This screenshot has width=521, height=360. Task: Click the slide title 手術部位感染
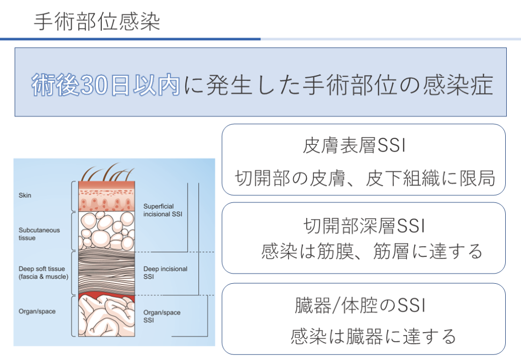click(97, 22)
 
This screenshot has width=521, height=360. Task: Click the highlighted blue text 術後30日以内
click(106, 84)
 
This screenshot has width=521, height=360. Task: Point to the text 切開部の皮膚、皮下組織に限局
click(364, 178)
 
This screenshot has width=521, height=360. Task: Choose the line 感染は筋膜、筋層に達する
click(371, 251)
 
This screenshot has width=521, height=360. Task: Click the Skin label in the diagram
click(25, 195)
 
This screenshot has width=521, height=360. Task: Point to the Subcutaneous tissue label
click(39, 234)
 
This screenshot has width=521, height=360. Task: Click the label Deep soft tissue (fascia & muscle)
click(43, 273)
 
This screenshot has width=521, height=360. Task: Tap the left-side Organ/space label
click(37, 311)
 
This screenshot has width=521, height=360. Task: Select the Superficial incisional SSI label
click(162, 210)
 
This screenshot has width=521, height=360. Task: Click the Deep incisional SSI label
click(165, 273)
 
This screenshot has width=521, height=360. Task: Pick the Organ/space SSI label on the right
click(161, 316)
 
